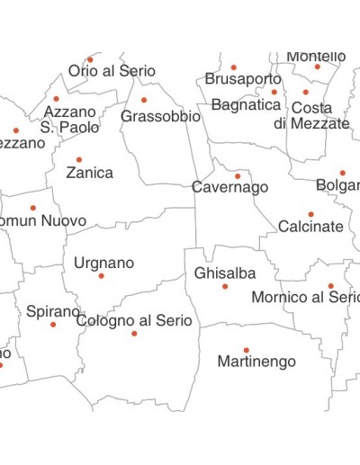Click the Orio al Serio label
click(x=112, y=71)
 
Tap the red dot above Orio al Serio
click(x=90, y=59)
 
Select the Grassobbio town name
click(x=160, y=117)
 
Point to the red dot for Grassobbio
click(x=144, y=100)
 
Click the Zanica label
click(x=89, y=173)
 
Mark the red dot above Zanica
click(x=79, y=160)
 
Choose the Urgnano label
click(x=103, y=263)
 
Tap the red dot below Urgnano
click(x=101, y=276)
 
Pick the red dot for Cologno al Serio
click(x=134, y=334)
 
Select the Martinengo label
click(x=256, y=362)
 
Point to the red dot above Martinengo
click(x=246, y=350)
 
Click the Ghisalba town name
click(x=225, y=273)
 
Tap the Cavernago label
click(x=229, y=188)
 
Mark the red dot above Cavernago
click(x=238, y=176)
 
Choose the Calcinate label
click(x=310, y=227)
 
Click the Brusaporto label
click(x=243, y=79)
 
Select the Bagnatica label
click(x=246, y=105)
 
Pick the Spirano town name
click(x=52, y=311)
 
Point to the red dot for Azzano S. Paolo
click(x=56, y=99)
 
